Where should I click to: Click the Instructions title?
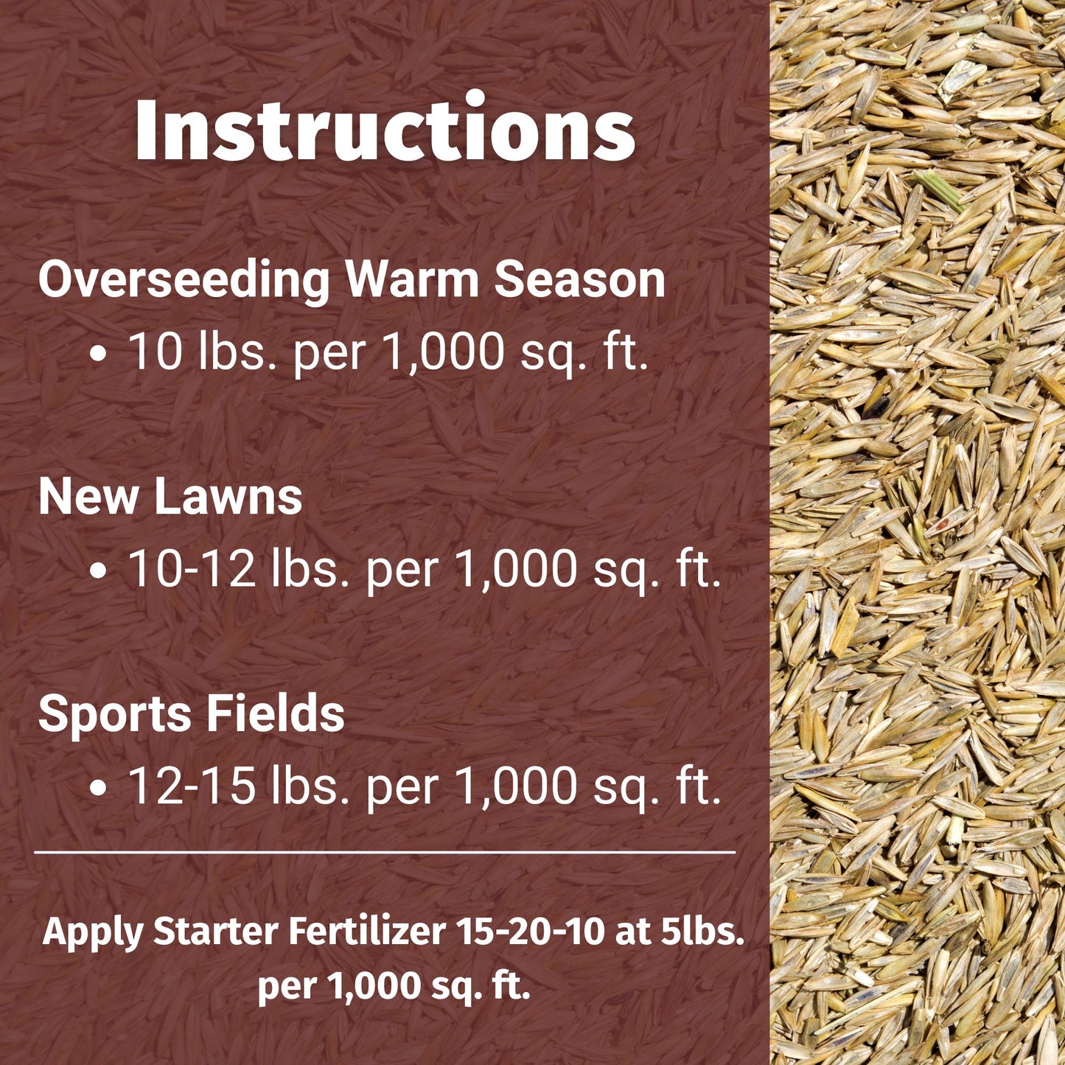pyautogui.click(x=384, y=130)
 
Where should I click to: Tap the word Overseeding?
pyautogui.click(x=184, y=281)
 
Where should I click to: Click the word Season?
pyautogui.click(x=579, y=281)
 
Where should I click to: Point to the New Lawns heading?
pyautogui.click(x=170, y=497)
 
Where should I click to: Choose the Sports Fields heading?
pyautogui.click(x=192, y=713)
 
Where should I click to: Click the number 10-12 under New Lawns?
pyautogui.click(x=192, y=569)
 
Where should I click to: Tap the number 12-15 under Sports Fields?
pyautogui.click(x=192, y=786)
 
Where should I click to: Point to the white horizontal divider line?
pyautogui.click(x=385, y=852)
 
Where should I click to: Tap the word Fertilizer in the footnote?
pyautogui.click(x=366, y=932)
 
